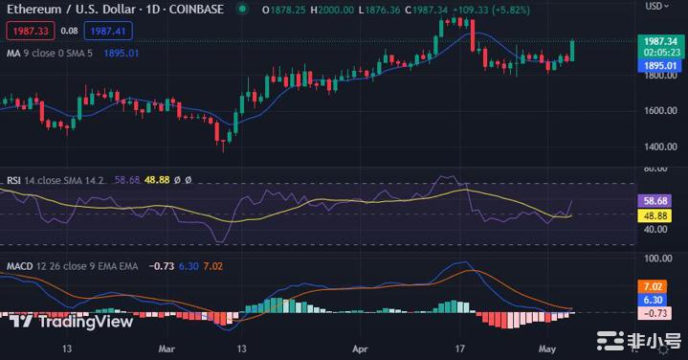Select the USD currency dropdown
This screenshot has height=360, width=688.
coord(657,6)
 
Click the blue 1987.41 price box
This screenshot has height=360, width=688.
coord(107,31)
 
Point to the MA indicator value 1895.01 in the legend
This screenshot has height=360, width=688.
coord(122,53)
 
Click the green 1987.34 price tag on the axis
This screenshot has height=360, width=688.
coord(660,42)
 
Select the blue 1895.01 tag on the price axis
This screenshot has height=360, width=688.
coord(660,65)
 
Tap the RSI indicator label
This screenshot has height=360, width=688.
coord(14,179)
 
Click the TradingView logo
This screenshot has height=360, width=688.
coord(73,322)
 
